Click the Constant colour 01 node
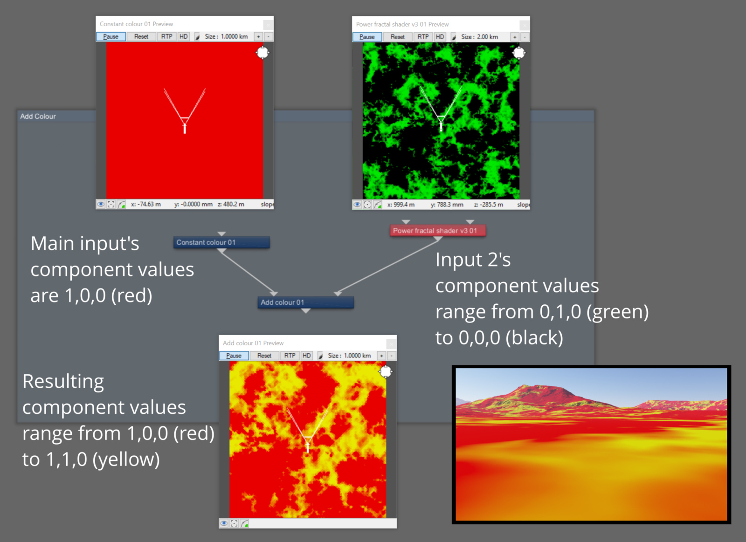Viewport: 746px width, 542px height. point(221,242)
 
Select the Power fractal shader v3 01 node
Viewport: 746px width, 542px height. point(438,230)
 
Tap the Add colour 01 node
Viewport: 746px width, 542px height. point(305,302)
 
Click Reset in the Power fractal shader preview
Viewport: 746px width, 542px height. point(397,37)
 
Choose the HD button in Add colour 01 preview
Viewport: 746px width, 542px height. point(306,356)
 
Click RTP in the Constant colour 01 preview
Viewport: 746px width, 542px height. point(166,37)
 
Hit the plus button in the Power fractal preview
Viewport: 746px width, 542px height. point(515,37)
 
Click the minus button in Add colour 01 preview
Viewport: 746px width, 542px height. point(392,356)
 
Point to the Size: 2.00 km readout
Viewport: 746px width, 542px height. point(479,37)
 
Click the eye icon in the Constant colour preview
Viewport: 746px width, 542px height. point(101,204)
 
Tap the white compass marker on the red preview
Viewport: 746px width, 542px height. point(262,53)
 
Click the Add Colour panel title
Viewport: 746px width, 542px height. point(38,116)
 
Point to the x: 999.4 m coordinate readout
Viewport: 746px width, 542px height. point(401,205)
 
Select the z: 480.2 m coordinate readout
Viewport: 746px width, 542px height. point(231,204)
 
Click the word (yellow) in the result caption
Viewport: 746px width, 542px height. point(126,460)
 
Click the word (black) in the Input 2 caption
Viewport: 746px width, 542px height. point(534,337)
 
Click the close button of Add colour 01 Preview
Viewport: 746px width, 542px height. point(391,343)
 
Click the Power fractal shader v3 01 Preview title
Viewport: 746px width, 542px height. point(402,24)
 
